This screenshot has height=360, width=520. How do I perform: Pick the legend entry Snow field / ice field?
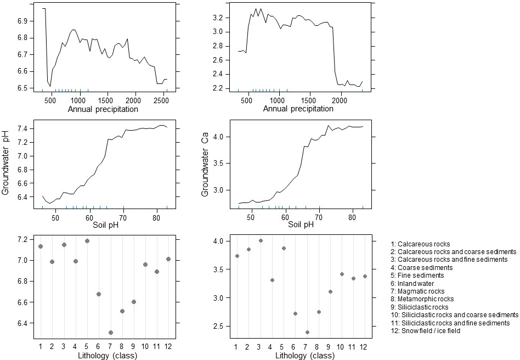[426, 331]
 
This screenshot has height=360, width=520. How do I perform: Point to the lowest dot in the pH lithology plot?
[111, 332]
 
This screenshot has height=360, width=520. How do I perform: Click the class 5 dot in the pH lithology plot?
[87, 240]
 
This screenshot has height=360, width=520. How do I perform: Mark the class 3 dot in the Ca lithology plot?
[261, 240]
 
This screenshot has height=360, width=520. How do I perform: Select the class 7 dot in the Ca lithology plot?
[307, 332]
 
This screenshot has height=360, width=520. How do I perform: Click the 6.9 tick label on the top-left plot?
[25, 20]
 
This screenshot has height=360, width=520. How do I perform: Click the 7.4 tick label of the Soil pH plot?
[25, 128]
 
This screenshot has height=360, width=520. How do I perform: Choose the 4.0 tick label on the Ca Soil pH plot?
[225, 136]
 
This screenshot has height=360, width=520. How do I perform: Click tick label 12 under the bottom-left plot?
[168, 346]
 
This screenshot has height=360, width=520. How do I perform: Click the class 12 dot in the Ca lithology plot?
[365, 276]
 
